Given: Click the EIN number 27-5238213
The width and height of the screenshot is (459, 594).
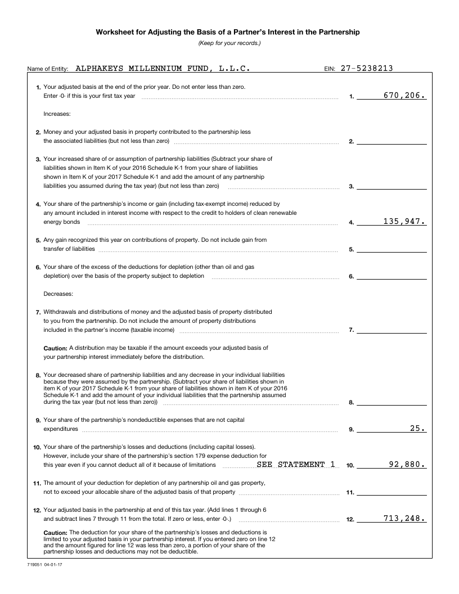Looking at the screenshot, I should (x=367, y=69).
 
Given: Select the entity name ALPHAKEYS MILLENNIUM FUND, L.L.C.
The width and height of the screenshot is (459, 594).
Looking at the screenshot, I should (x=163, y=69).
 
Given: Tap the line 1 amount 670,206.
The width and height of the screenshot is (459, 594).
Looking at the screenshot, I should (x=404, y=96).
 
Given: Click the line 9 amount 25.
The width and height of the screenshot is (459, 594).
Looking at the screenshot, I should (x=417, y=429).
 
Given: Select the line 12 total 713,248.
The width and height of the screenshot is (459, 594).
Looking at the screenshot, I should (x=404, y=519).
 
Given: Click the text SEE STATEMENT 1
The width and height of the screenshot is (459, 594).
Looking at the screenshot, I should (x=296, y=465).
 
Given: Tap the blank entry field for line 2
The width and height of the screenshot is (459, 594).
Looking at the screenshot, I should (x=391, y=141).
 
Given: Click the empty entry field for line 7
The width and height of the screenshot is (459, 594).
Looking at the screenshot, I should (x=391, y=330).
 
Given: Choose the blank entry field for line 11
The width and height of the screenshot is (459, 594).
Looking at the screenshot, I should (x=391, y=492).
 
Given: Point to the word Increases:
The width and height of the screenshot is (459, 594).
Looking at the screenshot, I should (x=57, y=114).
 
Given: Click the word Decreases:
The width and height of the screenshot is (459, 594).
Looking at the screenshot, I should (x=58, y=294).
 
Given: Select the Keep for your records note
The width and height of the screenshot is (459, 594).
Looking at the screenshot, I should (x=229, y=43).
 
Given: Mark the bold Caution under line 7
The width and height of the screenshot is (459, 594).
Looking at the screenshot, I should (x=56, y=348).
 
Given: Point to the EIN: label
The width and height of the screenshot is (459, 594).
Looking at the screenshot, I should (x=330, y=69).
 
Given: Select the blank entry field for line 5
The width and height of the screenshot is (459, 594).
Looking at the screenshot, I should (x=391, y=249).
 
